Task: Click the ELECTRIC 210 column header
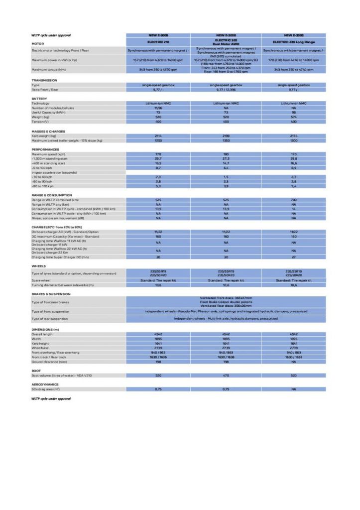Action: (x=158, y=42)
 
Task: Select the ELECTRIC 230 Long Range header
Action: (x=294, y=42)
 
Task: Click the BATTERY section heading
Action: (x=39, y=99)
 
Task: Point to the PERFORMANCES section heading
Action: (x=45, y=149)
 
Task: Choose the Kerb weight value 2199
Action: (x=226, y=135)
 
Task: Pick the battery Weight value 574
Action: (x=294, y=118)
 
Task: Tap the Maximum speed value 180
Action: (x=226, y=154)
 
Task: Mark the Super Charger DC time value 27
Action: (x=294, y=257)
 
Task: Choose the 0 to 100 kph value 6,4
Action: (x=226, y=167)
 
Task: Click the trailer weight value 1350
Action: (x=226, y=140)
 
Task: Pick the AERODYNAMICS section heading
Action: (x=45, y=384)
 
